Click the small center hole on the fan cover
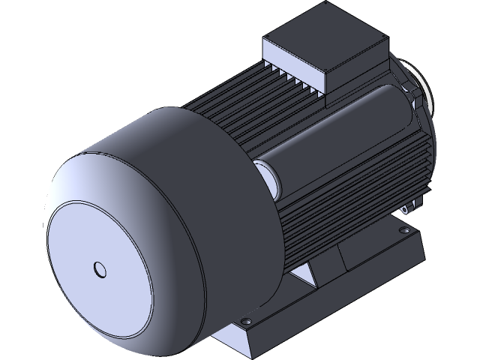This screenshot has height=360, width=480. pyautogui.click(x=100, y=268)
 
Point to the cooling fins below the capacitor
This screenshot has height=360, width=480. pyautogui.click(x=337, y=210)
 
